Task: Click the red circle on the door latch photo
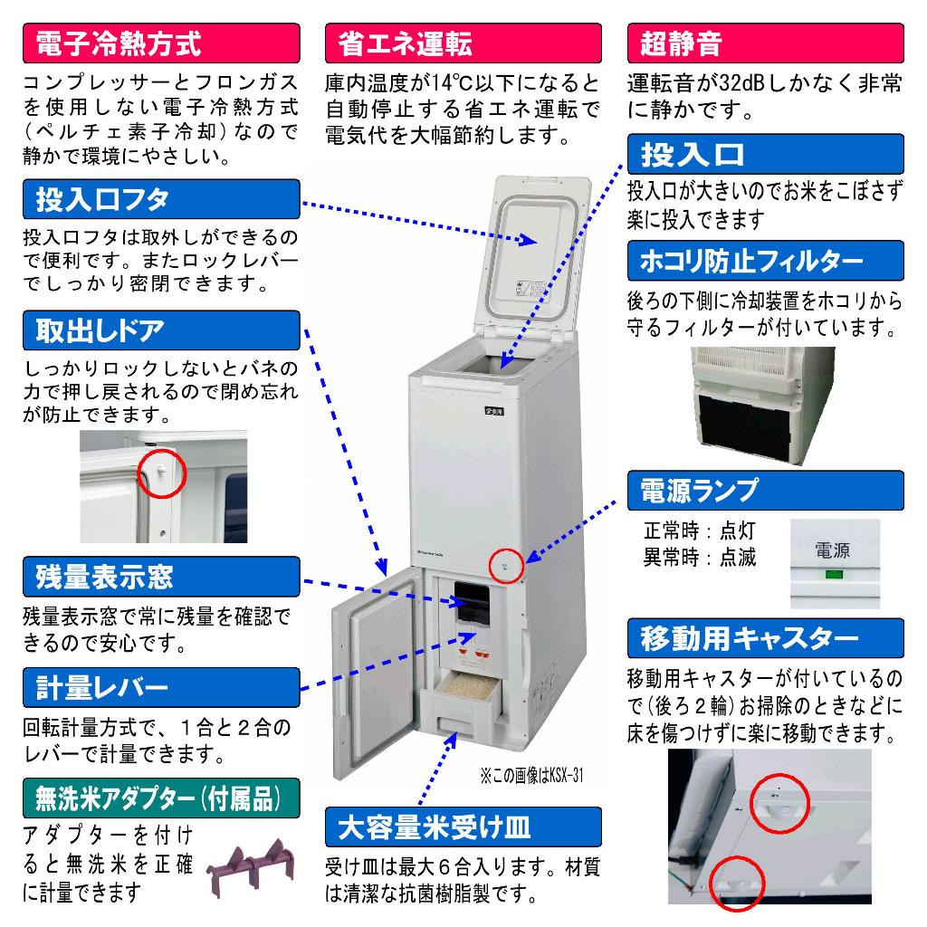161,472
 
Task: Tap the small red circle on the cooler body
506,567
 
